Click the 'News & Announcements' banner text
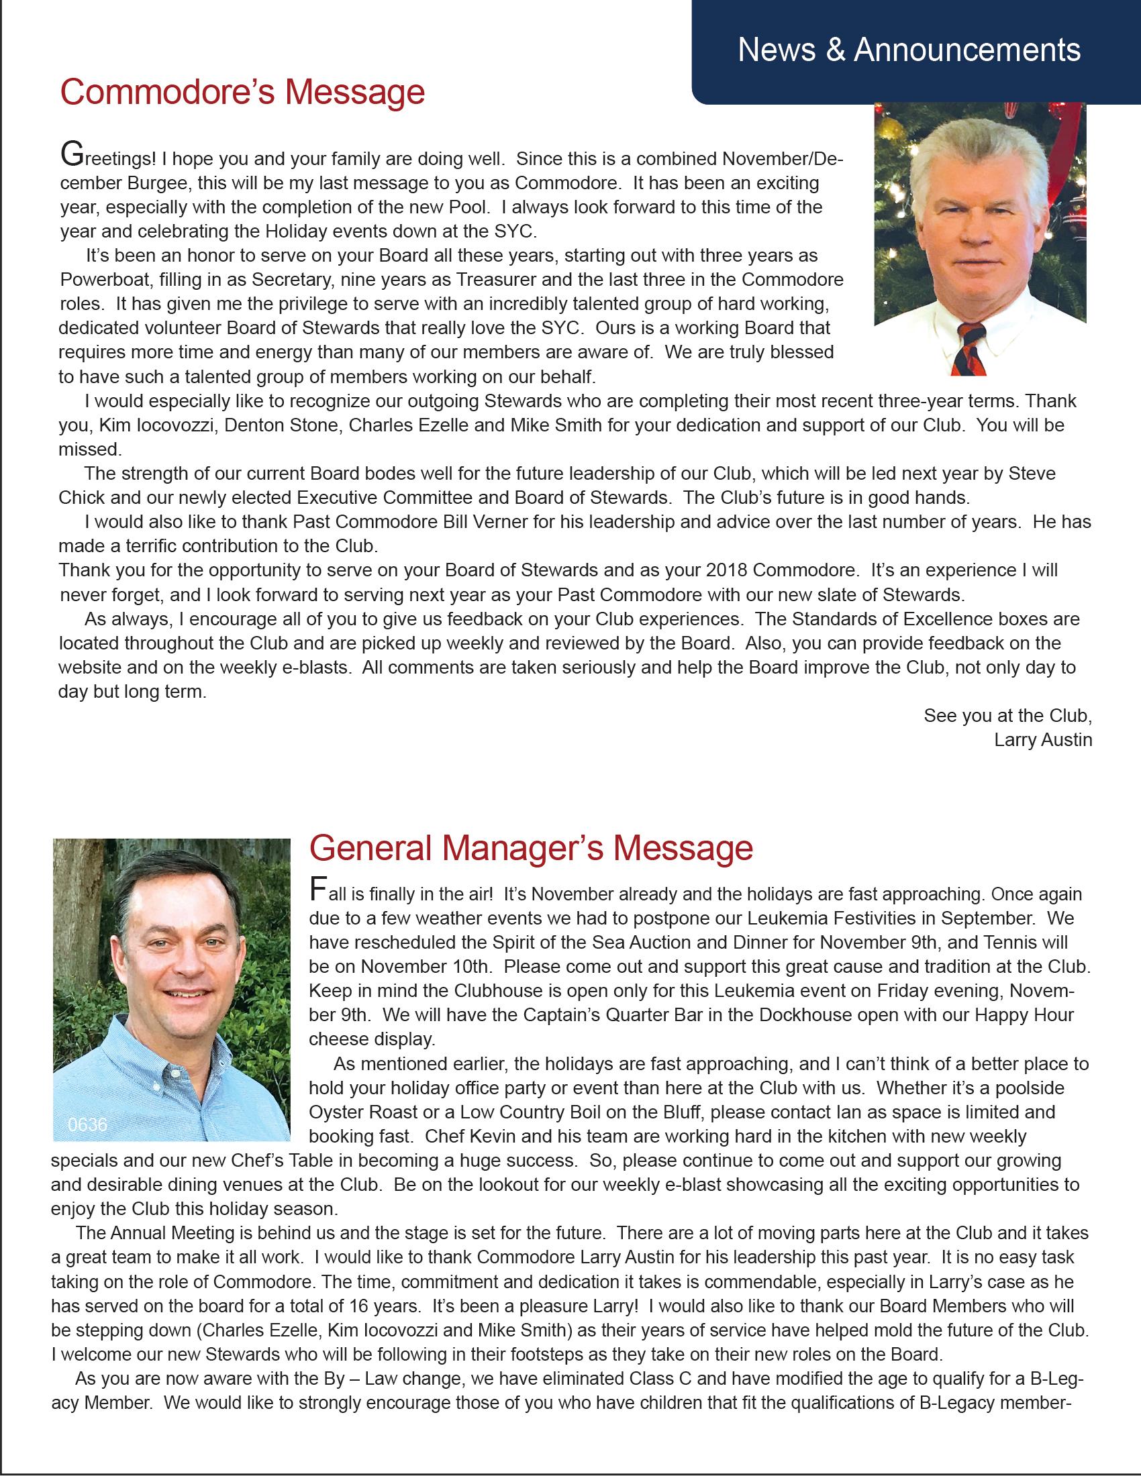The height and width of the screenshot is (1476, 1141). [909, 50]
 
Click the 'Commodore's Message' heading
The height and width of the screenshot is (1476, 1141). [242, 92]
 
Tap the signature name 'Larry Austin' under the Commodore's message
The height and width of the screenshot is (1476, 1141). [1042, 739]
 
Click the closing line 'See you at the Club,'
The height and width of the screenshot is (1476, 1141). [1007, 715]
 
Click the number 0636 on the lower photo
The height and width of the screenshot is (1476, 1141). [87, 1124]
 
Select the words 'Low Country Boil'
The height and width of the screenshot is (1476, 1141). [540, 1112]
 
